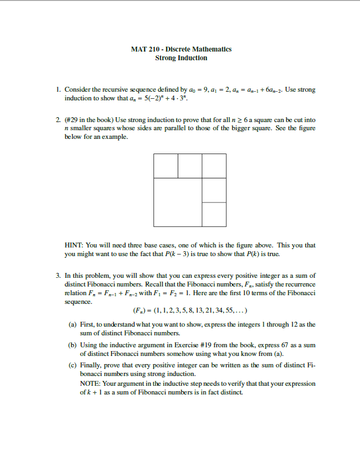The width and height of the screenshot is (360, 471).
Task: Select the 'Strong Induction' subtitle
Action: [x=181, y=58]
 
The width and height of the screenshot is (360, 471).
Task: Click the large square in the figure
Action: [x=178, y=201]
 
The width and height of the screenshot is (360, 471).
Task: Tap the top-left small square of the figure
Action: [x=165, y=166]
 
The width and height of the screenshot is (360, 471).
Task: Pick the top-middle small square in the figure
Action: [x=190, y=166]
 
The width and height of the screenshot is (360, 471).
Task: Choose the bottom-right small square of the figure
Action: [x=214, y=214]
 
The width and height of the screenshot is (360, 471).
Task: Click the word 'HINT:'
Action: [x=74, y=245]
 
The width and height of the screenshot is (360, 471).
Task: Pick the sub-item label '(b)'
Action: [x=72, y=345]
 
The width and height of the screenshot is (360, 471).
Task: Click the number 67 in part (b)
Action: [x=292, y=345]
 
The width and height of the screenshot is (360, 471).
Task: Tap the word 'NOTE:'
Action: [x=90, y=384]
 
